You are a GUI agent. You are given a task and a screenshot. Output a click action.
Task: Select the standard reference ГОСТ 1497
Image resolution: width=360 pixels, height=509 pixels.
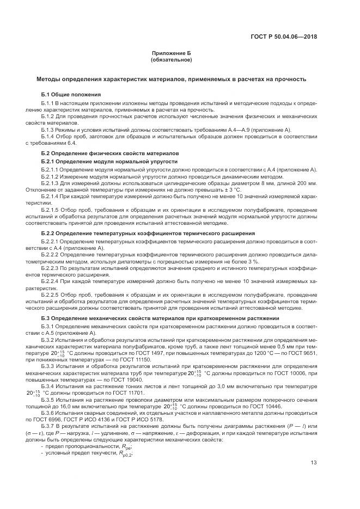(x=127, y=352)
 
